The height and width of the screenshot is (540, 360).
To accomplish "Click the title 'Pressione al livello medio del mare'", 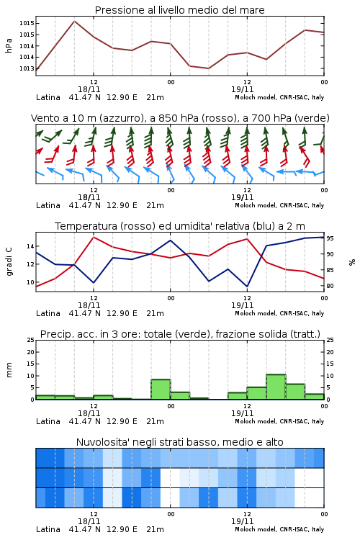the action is point(179,10).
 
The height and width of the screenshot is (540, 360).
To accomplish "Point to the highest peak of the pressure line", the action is point(74,21).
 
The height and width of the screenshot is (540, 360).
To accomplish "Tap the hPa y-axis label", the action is point(9,45).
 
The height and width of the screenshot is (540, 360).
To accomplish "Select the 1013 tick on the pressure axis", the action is point(27,68).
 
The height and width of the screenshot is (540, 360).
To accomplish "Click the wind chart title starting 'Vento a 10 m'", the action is point(180,118).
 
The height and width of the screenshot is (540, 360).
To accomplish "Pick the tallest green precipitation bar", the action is point(276,387).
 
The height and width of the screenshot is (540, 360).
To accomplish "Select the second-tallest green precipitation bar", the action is point(161,389).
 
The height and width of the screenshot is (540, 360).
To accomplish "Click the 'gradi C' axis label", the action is point(9,262).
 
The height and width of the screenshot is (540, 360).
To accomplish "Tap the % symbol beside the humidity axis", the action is point(352,262).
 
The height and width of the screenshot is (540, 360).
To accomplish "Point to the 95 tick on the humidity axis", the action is point(330,238).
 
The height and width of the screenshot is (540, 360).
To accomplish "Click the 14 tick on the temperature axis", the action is point(30,246).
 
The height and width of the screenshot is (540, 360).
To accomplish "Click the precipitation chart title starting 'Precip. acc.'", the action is point(180,334).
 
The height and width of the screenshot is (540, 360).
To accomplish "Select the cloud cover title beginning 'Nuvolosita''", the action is point(179,442).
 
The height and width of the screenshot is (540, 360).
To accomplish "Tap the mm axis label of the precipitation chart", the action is point(9,370).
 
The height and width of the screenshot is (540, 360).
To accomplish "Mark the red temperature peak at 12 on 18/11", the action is point(94,237).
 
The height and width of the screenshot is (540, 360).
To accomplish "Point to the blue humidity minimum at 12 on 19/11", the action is point(247,286).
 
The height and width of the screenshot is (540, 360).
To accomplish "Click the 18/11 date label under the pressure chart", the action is point(89,89).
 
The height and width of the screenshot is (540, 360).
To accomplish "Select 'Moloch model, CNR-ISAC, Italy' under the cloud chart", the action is point(279,529).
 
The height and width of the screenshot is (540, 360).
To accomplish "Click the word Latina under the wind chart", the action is point(48,205).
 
